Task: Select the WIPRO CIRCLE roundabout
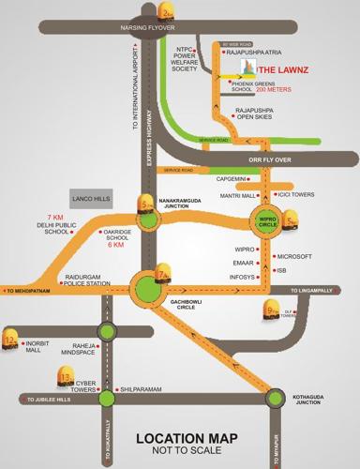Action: click(x=265, y=223)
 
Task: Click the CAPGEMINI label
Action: click(x=235, y=177)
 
